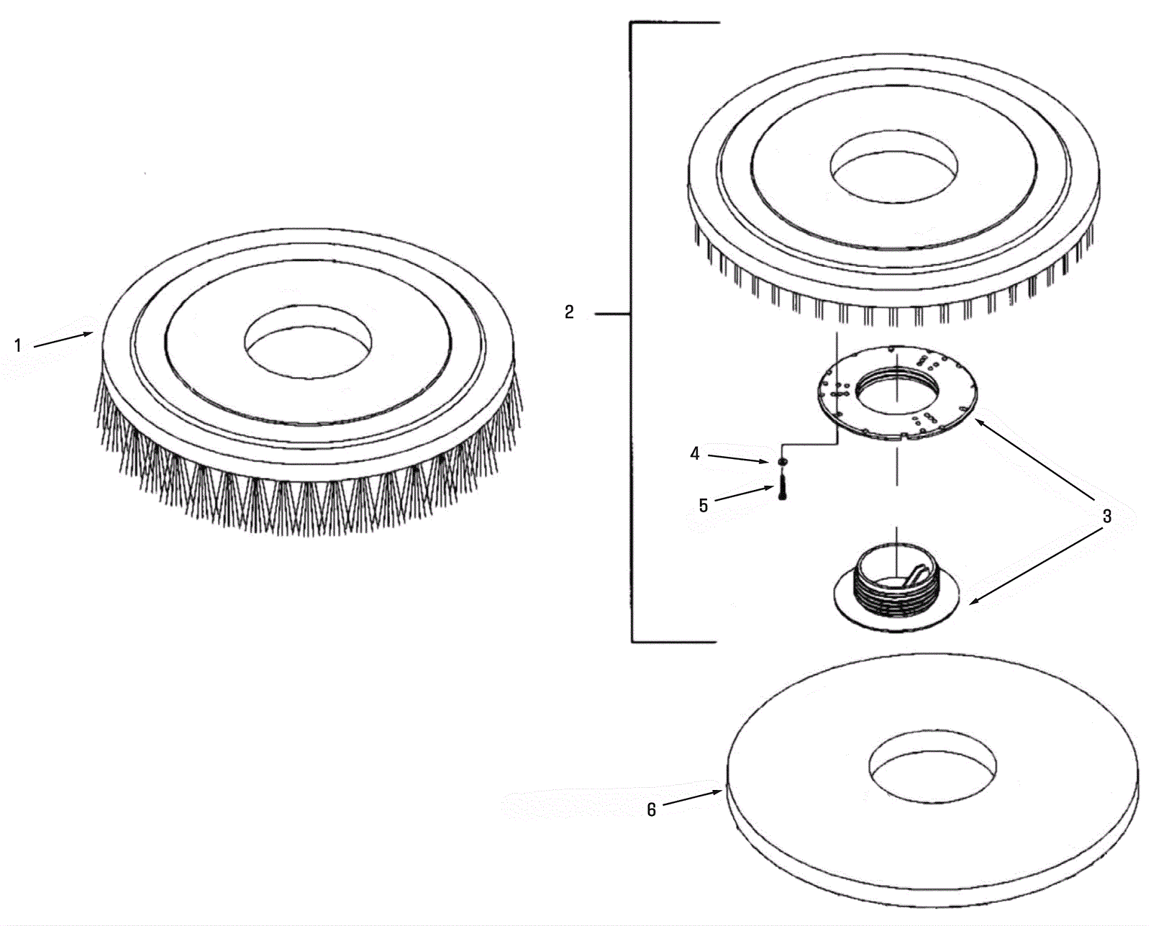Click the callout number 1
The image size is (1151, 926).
[x=18, y=345]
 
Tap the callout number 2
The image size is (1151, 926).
[x=569, y=312]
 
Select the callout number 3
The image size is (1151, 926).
[x=1106, y=516]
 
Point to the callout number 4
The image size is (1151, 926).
[x=695, y=453]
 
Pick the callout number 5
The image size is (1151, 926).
[x=704, y=505]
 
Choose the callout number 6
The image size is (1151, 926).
[x=651, y=809]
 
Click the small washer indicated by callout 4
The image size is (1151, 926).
[x=782, y=461]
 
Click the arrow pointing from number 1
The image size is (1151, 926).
[x=63, y=340]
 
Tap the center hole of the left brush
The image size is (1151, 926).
[x=308, y=342]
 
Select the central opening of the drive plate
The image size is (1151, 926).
[x=897, y=393]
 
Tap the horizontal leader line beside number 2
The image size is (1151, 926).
[x=613, y=314]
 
